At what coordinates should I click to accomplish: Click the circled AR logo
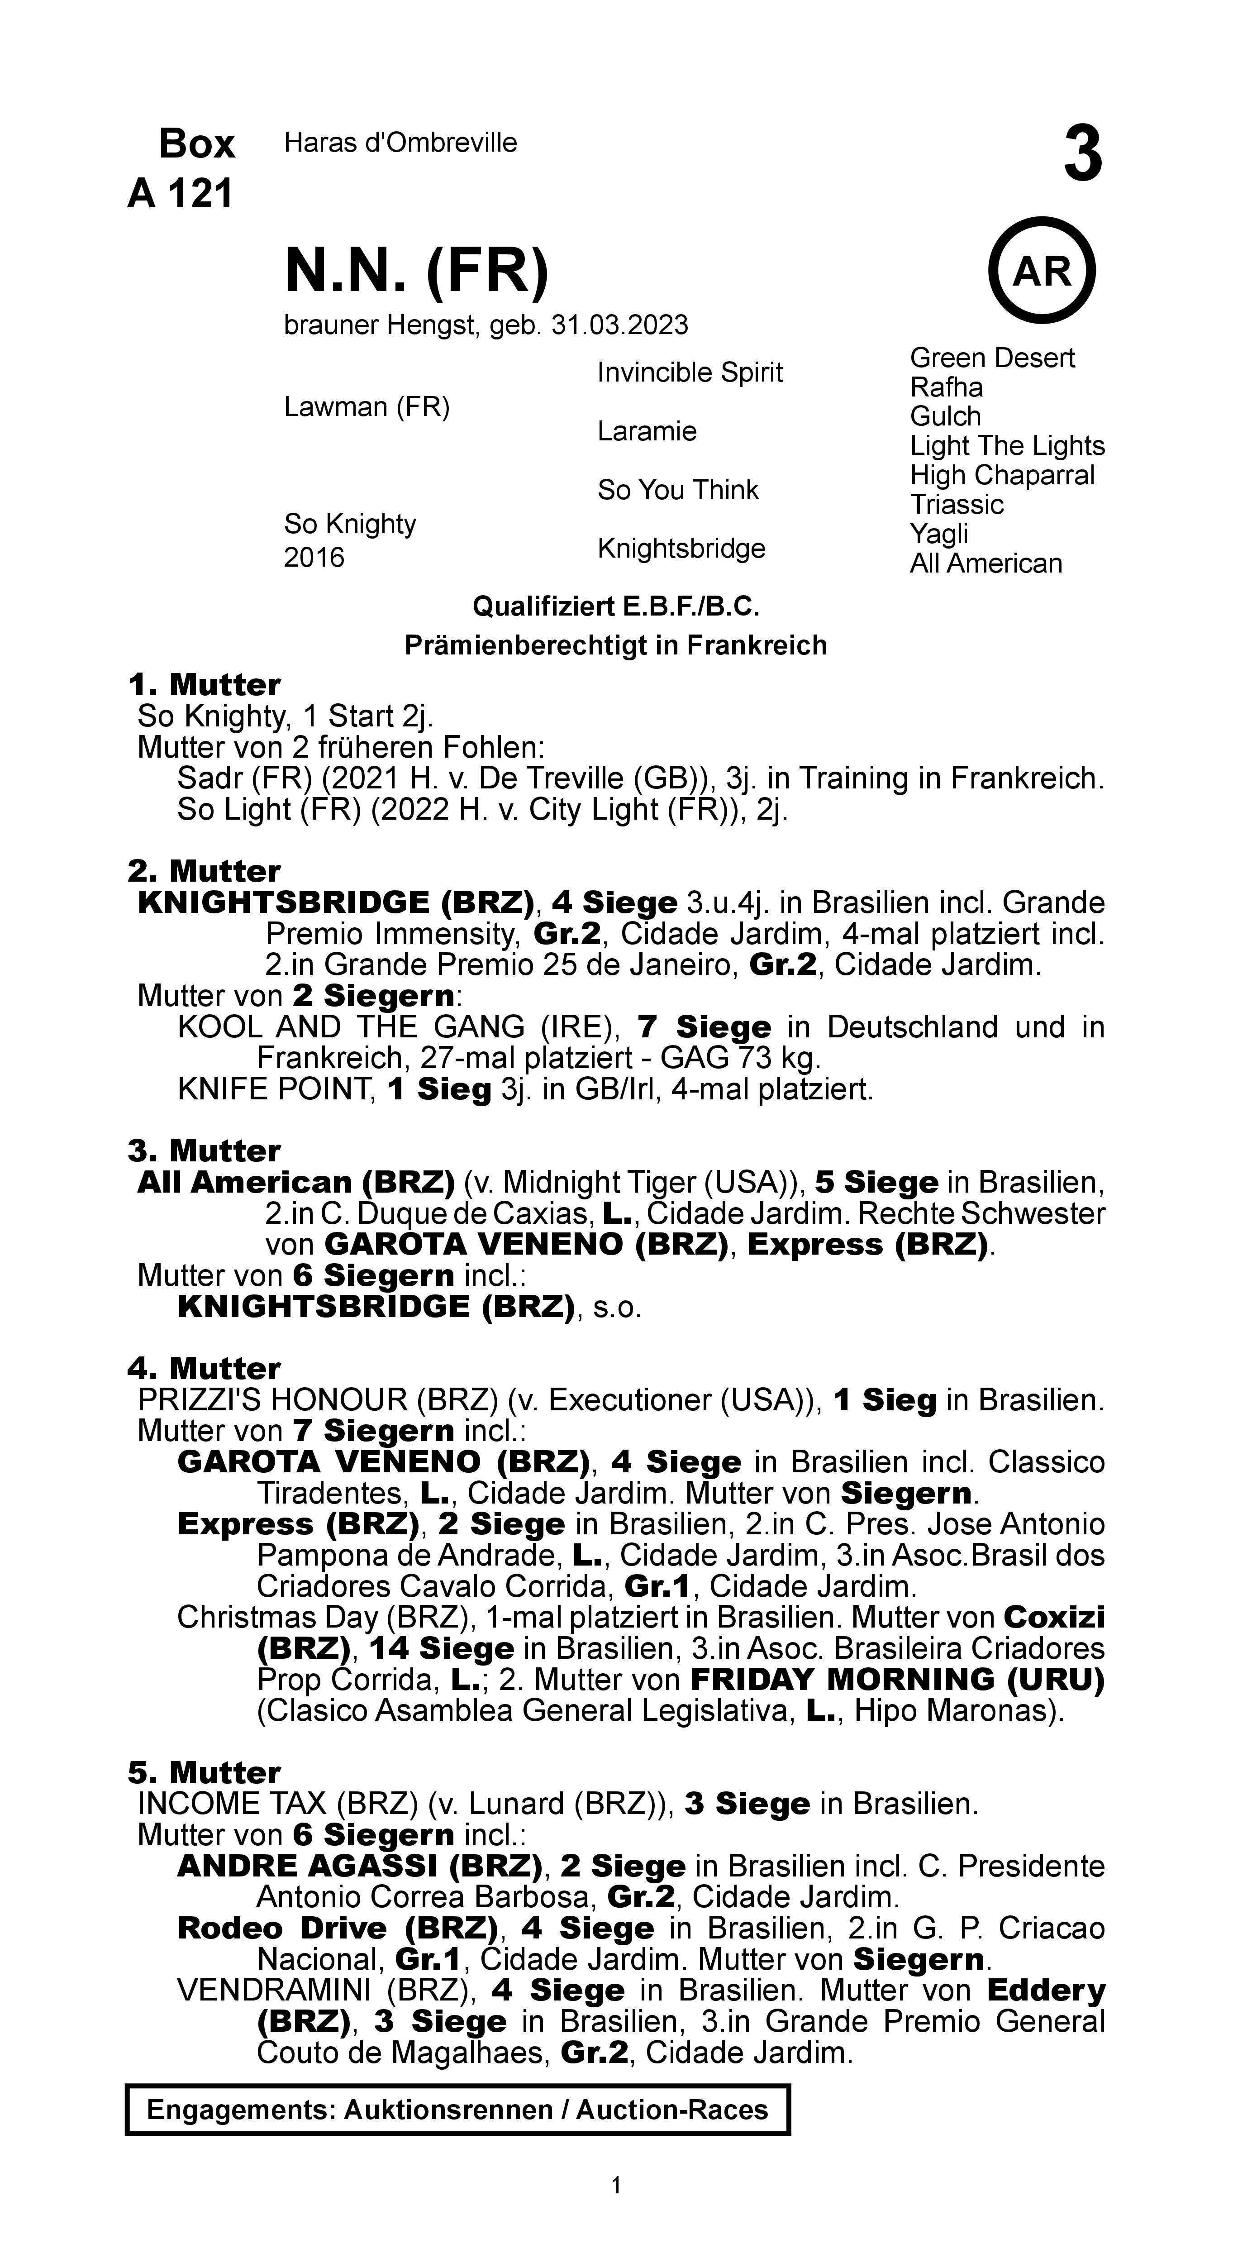click(1043, 271)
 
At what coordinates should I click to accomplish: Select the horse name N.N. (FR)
click(416, 271)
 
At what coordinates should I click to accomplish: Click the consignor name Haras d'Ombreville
click(400, 142)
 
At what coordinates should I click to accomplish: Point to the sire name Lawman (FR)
click(366, 407)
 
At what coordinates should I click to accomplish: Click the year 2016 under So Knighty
click(314, 558)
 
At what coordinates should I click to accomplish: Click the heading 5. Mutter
click(204, 1772)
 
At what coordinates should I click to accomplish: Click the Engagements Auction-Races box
click(457, 2110)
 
